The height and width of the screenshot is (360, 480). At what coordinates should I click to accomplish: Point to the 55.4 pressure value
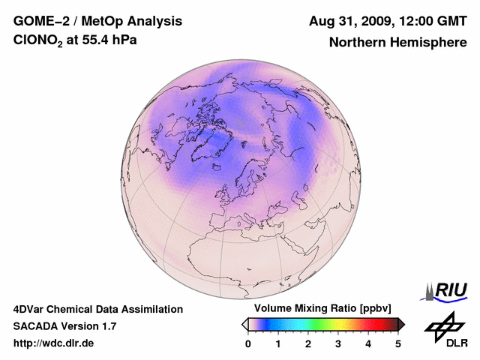[100, 40]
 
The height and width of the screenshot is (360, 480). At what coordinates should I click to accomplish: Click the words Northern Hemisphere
[397, 42]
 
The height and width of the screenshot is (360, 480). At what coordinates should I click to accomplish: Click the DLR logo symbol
[443, 325]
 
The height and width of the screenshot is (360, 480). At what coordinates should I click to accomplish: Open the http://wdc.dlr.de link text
[54, 343]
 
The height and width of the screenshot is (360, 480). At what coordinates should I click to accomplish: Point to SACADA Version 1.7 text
[64, 326]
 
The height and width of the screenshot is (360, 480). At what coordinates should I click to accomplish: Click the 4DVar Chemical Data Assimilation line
[97, 309]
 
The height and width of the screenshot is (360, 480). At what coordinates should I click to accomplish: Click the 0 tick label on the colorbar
[248, 343]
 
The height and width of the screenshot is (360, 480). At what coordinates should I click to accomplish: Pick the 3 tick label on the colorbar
[338, 343]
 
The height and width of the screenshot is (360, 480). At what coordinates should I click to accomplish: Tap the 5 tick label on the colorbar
[398, 343]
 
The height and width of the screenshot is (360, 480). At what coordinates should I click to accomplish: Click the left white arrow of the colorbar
[244, 324]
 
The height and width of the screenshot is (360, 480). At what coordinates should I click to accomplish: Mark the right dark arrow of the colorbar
[402, 324]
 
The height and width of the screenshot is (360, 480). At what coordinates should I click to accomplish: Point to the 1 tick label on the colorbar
[278, 343]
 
